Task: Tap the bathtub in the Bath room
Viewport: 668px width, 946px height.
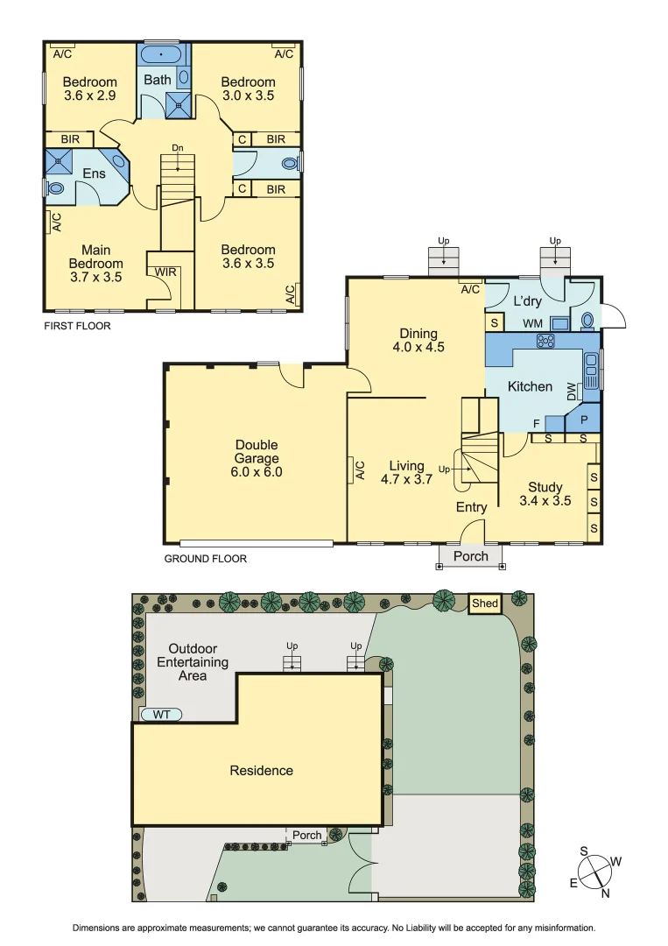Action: click(x=161, y=54)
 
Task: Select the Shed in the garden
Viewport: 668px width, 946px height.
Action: click(x=484, y=604)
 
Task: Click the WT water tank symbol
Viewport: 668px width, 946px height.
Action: click(x=162, y=715)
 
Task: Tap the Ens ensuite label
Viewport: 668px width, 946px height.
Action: click(x=94, y=173)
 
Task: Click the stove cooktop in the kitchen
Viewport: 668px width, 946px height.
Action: click(x=546, y=341)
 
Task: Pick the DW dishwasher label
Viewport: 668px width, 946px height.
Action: click(x=572, y=392)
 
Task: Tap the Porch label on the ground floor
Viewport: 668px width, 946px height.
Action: click(x=470, y=556)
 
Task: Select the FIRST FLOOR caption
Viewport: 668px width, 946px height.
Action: click(x=77, y=325)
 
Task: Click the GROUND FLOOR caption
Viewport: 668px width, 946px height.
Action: click(x=206, y=558)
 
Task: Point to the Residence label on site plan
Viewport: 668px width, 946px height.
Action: click(x=261, y=771)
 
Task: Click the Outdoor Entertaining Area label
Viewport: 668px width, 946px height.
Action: click(x=193, y=662)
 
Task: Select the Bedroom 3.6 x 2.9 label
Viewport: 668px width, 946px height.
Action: click(x=89, y=88)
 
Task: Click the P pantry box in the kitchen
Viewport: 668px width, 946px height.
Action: click(x=583, y=420)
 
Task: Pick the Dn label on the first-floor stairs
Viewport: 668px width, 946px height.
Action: click(x=177, y=148)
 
